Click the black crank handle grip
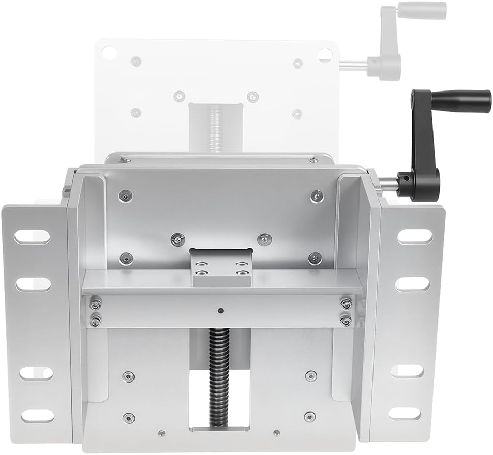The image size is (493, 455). [460, 101]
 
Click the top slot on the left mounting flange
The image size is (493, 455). [32, 236]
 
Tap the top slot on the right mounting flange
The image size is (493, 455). [414, 236]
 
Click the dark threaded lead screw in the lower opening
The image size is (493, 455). [219, 377]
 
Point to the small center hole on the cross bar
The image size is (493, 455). [220, 311]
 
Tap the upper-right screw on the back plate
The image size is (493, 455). [316, 196]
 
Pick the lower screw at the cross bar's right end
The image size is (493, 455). [346, 321]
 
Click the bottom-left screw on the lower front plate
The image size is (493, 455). [128, 417]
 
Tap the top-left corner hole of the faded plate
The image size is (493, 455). [108, 52]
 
